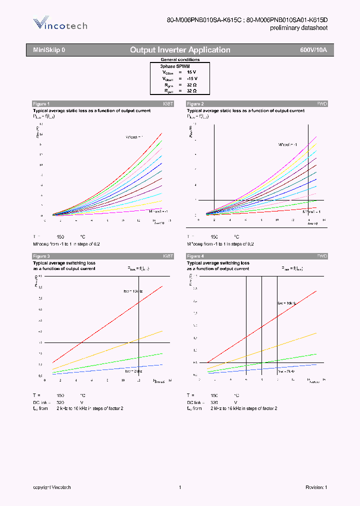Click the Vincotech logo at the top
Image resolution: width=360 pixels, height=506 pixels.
[60, 24]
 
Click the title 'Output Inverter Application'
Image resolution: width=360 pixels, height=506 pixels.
[180, 50]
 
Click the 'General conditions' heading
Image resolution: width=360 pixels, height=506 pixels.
[180, 59]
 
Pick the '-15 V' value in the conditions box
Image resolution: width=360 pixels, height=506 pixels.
[192, 78]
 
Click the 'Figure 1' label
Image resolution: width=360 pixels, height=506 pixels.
[41, 104]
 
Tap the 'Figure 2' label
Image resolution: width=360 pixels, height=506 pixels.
[195, 104]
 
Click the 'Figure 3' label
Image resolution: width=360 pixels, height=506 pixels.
[41, 256]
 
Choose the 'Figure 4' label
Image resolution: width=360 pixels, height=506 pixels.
[195, 256]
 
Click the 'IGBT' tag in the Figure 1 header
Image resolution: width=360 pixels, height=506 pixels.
[168, 104]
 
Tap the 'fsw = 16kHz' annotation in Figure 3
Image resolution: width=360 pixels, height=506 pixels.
[133, 291]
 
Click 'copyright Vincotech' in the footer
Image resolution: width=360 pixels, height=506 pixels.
[52, 487]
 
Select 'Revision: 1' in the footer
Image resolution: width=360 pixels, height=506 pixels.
[316, 487]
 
